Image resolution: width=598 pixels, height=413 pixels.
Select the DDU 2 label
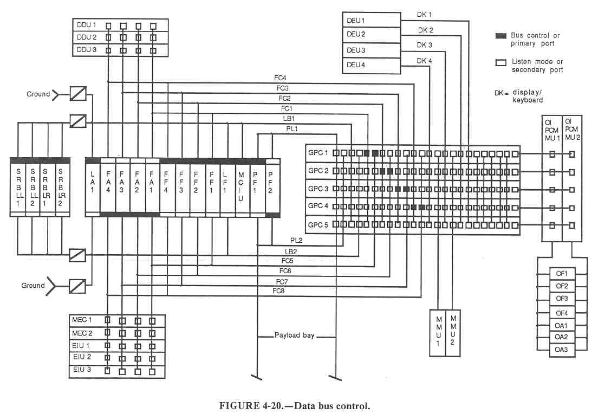(86, 37)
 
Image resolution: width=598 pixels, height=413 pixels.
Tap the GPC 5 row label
(318, 224)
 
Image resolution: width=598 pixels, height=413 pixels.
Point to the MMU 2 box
(453, 333)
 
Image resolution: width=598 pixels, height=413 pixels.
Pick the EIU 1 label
(81, 345)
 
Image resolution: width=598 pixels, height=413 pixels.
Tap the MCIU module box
(242, 188)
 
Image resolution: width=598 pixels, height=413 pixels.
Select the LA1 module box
(93, 188)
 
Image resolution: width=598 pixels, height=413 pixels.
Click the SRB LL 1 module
(18, 188)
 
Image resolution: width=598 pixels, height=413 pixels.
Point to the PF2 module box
(272, 188)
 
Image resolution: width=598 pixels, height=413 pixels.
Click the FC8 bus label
(278, 292)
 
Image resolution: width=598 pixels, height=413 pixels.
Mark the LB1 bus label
(288, 118)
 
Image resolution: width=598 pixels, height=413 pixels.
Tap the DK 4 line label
(424, 61)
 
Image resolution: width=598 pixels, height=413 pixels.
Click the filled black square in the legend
(500, 36)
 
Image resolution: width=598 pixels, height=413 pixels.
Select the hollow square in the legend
(500, 62)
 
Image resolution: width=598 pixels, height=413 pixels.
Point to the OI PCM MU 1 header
(552, 131)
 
